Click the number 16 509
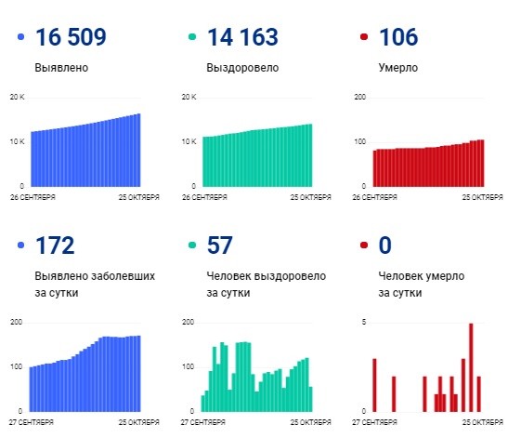[x=71, y=38]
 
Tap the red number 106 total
[x=399, y=38]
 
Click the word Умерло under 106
[x=398, y=68]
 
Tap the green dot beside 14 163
[x=192, y=38]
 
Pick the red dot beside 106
[x=363, y=38]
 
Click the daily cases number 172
[x=55, y=246]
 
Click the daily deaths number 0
[x=386, y=246]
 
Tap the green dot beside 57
[x=192, y=246]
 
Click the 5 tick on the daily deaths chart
[x=364, y=323]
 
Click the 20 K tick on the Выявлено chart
[x=16, y=98]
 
